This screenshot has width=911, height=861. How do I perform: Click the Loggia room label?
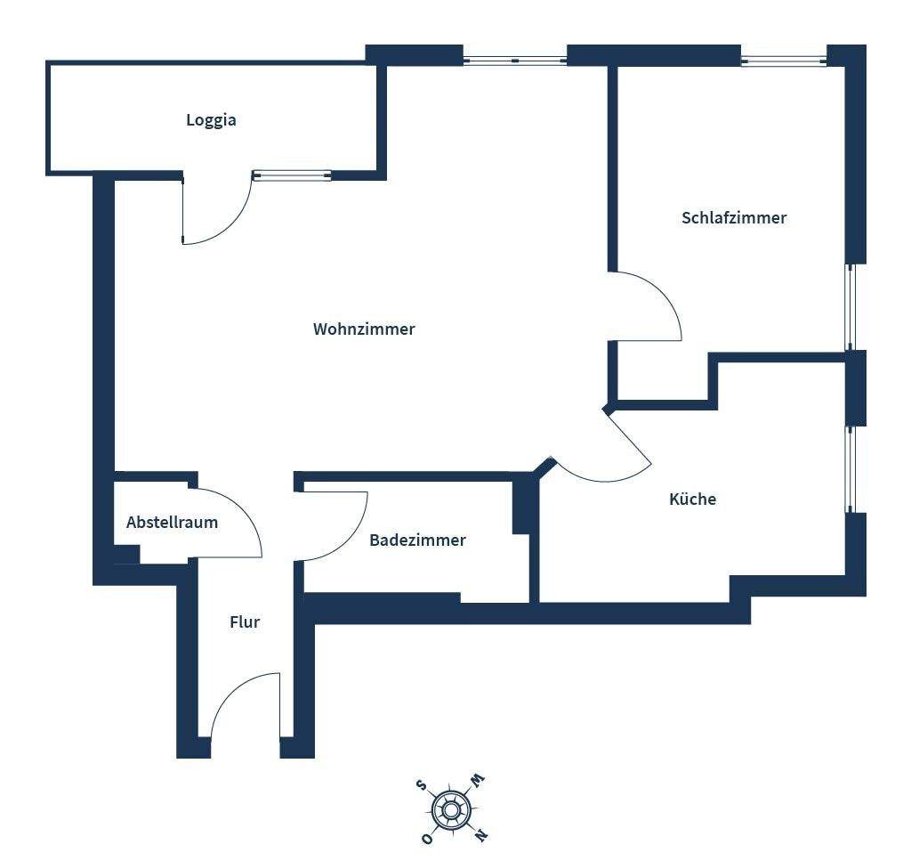[x=211, y=120]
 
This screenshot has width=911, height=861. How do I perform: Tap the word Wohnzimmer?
[x=364, y=329]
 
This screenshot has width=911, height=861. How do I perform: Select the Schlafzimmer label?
[x=734, y=218]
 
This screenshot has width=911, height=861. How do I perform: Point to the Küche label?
[x=692, y=500]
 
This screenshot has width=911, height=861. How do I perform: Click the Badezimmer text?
[x=417, y=540]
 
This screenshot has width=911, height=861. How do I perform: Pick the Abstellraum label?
[x=172, y=523]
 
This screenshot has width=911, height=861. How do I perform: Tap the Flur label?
[x=245, y=622]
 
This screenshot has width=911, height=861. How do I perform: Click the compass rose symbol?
[x=451, y=809]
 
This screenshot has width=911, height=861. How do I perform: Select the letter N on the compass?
[x=480, y=835]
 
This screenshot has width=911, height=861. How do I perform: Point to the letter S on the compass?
[x=422, y=784]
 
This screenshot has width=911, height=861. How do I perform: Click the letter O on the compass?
[x=428, y=839]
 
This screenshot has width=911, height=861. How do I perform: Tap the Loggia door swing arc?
[x=216, y=212]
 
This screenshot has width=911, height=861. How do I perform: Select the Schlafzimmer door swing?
[x=649, y=306]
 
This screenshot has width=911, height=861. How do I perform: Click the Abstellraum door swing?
[x=230, y=524]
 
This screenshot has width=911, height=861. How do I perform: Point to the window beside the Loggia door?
[x=292, y=175]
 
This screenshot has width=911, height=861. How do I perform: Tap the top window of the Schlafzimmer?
[x=784, y=61]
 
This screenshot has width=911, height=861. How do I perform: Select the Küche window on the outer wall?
[x=850, y=469]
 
